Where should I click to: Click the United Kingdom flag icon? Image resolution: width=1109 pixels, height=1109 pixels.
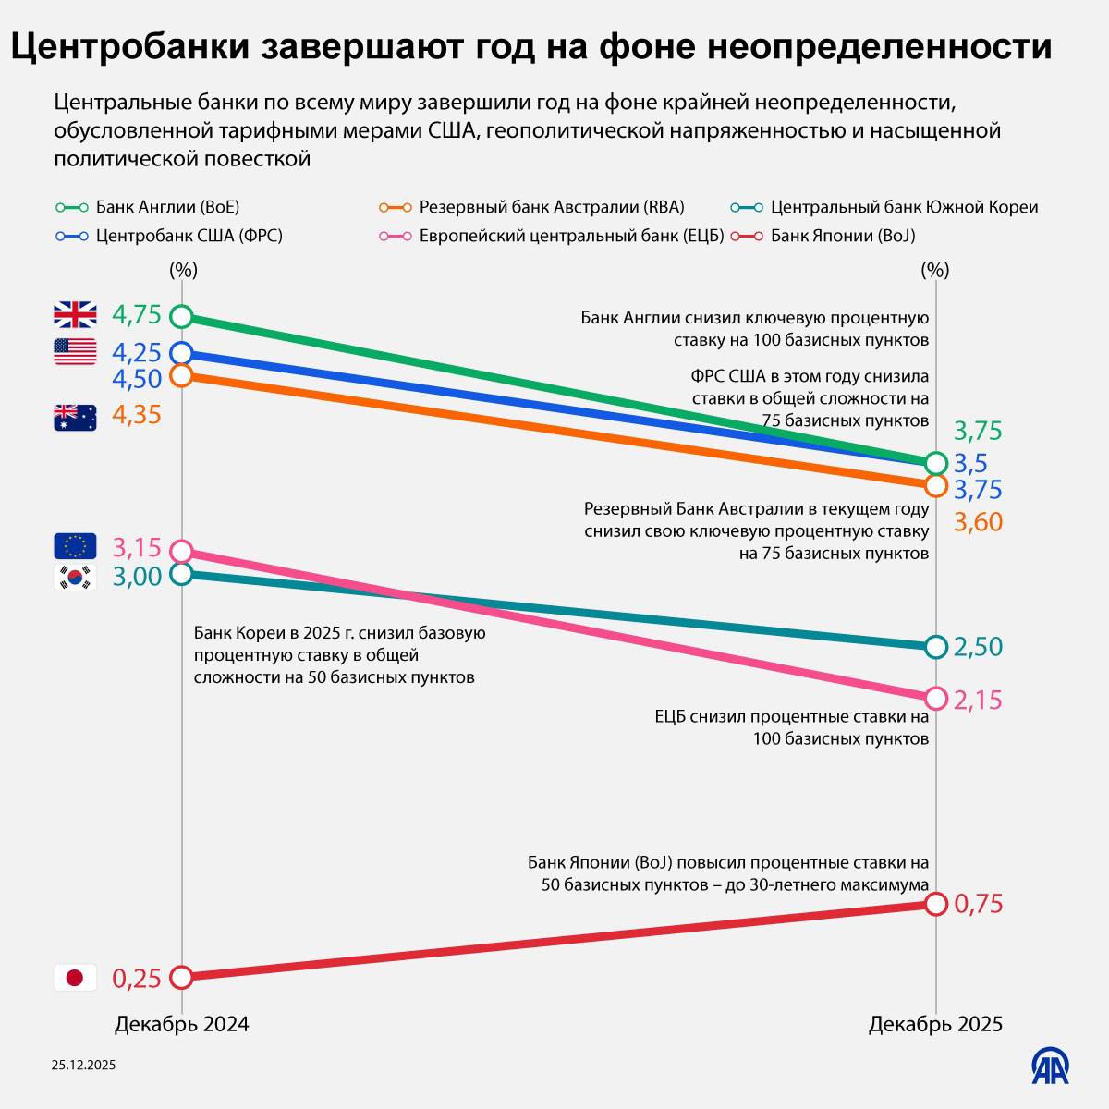(75, 315)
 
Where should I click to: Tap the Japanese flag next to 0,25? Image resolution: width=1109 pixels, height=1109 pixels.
(75, 978)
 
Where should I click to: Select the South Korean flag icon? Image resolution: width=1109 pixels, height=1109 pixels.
(75, 577)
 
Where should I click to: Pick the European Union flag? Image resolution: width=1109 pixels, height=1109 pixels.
(75, 547)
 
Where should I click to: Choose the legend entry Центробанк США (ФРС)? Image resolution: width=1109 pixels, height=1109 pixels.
(169, 236)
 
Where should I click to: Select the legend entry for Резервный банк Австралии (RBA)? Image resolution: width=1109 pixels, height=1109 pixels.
(531, 207)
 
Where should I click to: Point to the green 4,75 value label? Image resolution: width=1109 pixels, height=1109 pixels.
(137, 315)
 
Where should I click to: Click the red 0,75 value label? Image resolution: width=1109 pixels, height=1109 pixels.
(978, 904)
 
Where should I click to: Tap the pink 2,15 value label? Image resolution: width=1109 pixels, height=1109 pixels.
(978, 701)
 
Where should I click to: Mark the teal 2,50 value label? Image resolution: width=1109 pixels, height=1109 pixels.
(978, 647)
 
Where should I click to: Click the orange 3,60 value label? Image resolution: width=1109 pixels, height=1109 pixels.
(978, 522)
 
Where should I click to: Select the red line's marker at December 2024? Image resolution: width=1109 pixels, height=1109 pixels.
(182, 977)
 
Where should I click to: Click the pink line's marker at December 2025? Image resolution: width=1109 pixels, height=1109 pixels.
(935, 698)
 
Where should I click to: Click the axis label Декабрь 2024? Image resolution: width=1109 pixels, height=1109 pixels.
(182, 1024)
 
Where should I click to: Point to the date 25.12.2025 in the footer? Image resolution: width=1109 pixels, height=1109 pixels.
(83, 1066)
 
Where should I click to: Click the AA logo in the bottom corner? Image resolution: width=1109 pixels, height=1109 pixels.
(1051, 1066)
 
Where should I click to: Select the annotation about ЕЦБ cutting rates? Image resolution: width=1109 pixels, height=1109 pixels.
(791, 727)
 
